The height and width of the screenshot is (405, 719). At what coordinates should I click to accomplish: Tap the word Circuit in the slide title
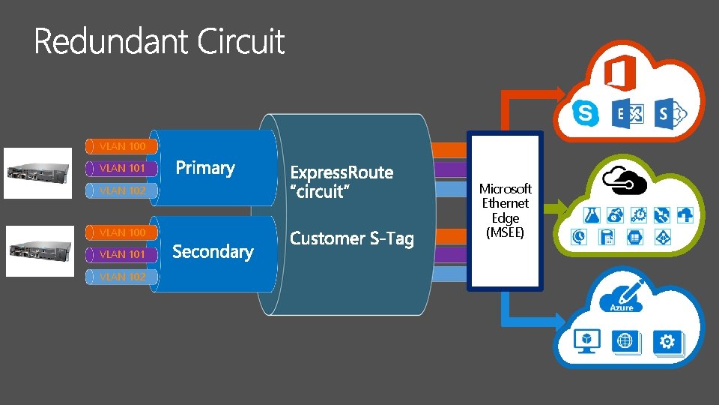[241, 42]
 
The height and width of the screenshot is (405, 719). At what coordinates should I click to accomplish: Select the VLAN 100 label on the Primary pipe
[122, 145]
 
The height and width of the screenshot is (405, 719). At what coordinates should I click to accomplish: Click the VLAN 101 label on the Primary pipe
[122, 168]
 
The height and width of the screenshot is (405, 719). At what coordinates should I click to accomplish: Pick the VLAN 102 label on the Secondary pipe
[122, 277]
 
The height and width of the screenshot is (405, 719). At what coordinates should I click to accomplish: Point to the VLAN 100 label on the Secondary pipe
[122, 232]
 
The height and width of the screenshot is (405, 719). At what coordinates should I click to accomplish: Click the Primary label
[204, 168]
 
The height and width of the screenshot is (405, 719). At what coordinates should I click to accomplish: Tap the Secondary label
[213, 252]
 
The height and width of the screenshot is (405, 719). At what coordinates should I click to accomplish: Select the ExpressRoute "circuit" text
[341, 182]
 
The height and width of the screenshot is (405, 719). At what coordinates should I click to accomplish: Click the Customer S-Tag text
[351, 238]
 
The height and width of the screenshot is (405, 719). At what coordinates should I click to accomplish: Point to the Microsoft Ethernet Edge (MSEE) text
[505, 211]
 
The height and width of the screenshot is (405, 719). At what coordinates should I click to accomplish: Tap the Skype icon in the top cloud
[585, 113]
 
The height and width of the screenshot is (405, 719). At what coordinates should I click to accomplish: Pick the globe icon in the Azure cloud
[625, 342]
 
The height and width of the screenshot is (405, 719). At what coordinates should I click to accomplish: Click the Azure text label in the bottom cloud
[621, 307]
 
